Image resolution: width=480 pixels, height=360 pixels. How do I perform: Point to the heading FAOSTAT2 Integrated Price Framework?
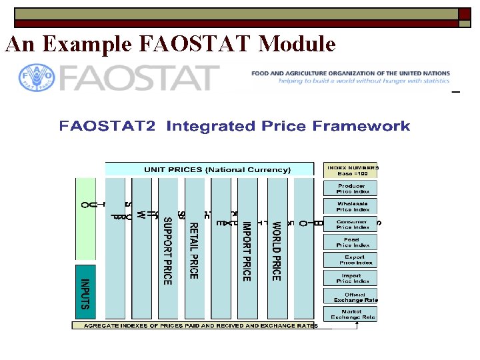tap(234, 126)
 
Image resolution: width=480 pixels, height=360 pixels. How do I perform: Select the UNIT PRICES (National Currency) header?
tap(209, 170)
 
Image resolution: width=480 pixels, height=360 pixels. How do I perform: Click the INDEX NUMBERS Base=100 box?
tap(351, 170)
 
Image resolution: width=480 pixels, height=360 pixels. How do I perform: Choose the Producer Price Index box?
tap(351, 189)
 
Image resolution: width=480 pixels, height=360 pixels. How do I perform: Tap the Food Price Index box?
tap(351, 242)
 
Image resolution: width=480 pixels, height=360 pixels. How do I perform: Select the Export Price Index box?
tap(351, 260)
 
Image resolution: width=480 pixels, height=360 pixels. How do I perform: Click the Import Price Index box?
tap(351, 278)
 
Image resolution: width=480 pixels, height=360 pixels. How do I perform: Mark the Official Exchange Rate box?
tap(351, 296)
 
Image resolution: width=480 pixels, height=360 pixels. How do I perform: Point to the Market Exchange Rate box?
tap(351, 314)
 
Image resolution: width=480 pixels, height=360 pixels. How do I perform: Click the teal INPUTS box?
tap(85, 293)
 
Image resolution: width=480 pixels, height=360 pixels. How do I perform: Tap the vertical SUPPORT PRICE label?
tap(168, 250)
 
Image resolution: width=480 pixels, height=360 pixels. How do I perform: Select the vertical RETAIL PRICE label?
tap(193, 250)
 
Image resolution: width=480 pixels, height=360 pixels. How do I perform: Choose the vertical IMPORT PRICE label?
tap(246, 250)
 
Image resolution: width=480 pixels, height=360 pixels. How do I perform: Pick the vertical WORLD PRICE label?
tap(276, 250)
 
